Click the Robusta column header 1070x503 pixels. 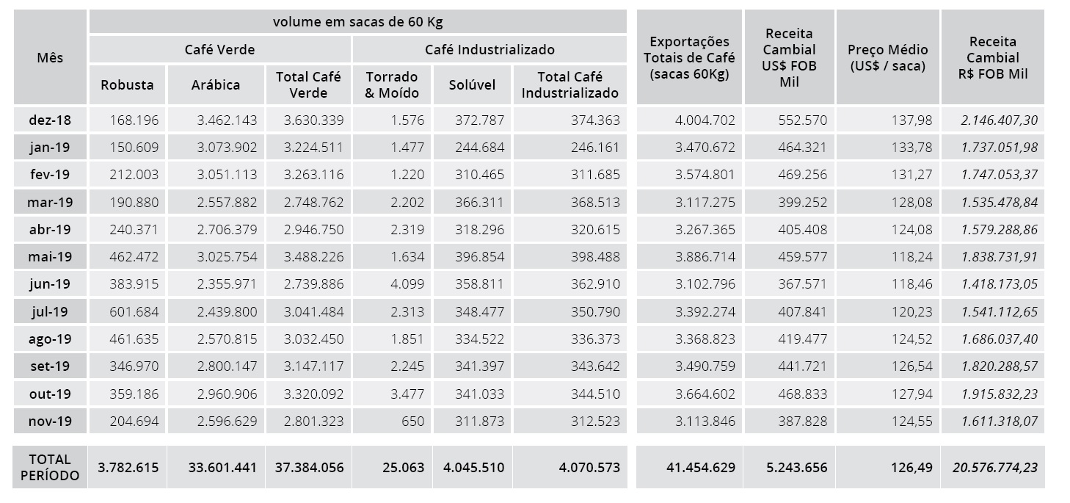[x=127, y=84]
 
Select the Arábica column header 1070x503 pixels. [x=216, y=84]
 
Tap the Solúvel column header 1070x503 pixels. [x=473, y=84]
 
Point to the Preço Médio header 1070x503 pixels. [x=887, y=57]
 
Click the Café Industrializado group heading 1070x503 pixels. [x=489, y=50]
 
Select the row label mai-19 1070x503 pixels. [x=50, y=257]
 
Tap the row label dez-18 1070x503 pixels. [x=50, y=120]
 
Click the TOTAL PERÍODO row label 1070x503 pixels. [x=50, y=467]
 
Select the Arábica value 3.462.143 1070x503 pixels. [x=227, y=120]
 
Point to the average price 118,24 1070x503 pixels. [x=911, y=257]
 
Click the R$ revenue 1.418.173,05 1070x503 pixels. [x=1000, y=284]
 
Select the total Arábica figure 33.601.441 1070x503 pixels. [x=218, y=467]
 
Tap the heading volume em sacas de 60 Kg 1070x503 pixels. [x=357, y=21]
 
